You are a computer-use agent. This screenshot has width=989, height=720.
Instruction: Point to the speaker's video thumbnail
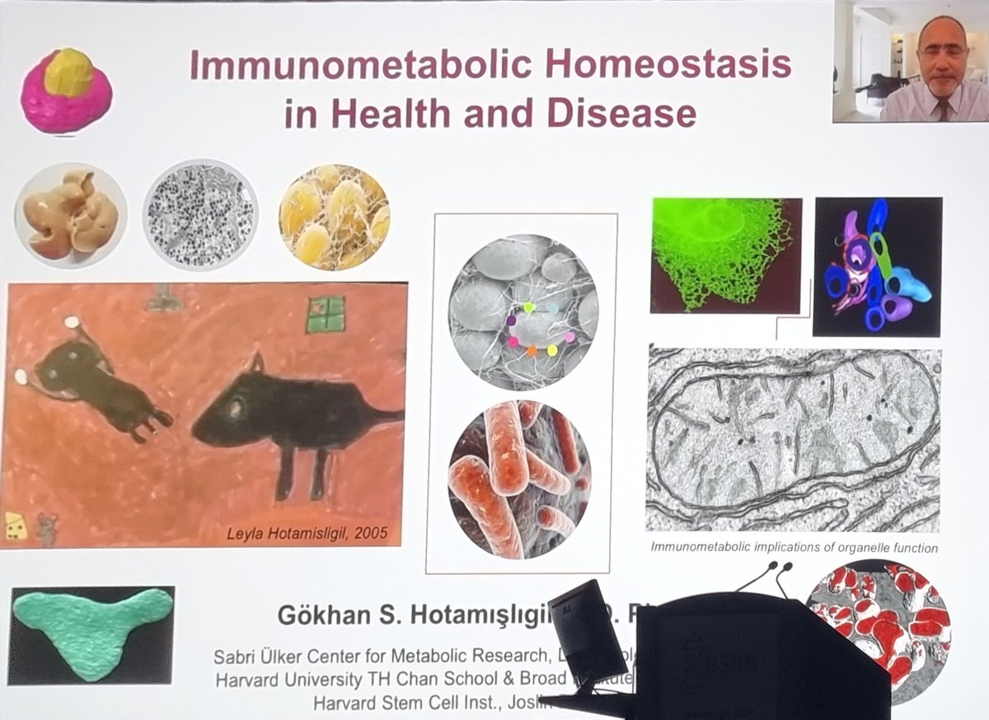click(909, 62)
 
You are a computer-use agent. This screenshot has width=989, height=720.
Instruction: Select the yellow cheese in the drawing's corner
click(14, 525)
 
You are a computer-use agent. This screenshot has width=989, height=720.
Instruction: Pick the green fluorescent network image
click(725, 255)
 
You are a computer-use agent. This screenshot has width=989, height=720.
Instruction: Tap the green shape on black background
click(91, 633)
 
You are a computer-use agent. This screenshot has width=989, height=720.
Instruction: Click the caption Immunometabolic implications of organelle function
click(794, 547)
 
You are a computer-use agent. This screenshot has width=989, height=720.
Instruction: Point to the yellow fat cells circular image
click(334, 215)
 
